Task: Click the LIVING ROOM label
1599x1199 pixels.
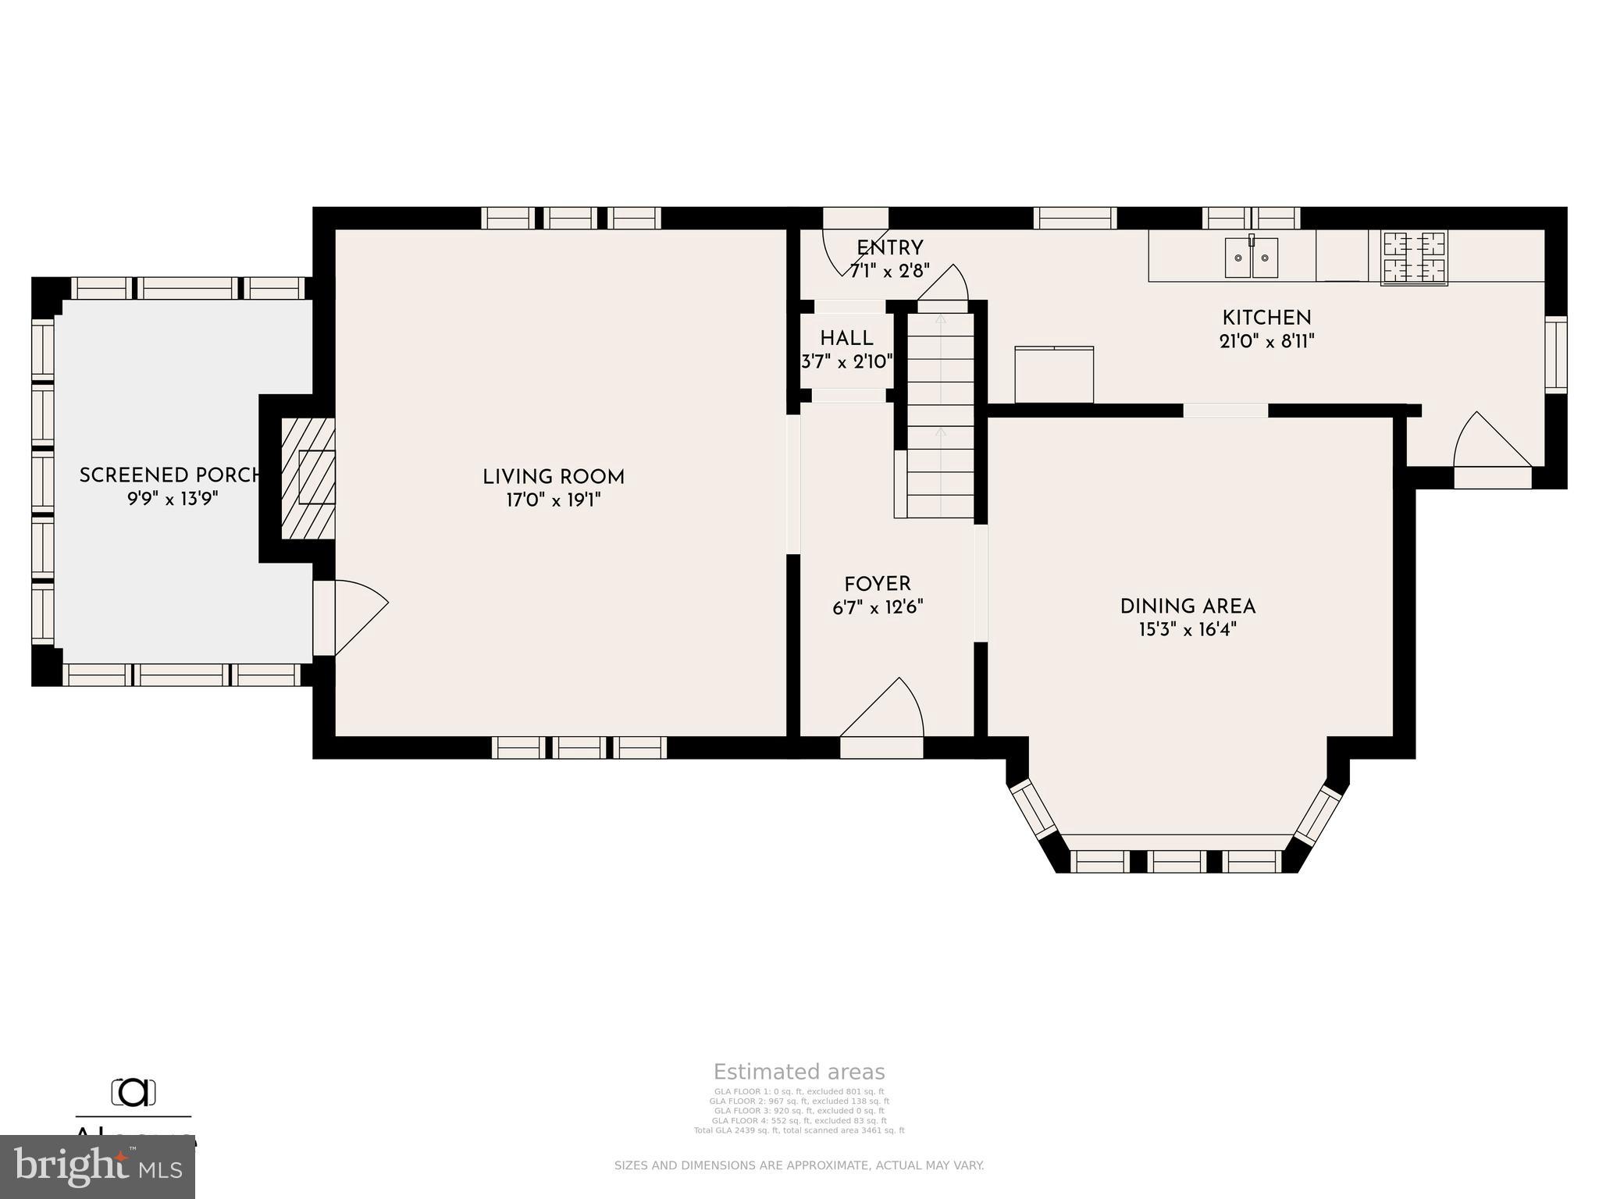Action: coord(553,477)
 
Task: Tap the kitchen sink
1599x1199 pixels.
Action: coord(1251,258)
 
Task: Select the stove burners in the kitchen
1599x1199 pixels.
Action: coord(1414,258)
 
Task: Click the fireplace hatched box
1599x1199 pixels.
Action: coord(308,478)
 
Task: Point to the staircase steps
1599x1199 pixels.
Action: coord(940,414)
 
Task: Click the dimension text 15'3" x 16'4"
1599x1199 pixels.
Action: coord(1188,630)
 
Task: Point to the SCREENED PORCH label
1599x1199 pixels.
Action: coord(170,475)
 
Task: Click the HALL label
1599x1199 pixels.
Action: coord(846,339)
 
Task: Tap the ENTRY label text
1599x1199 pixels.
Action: coord(889,248)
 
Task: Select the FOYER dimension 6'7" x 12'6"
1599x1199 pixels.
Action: coord(878,607)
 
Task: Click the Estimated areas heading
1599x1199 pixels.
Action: coord(799,1072)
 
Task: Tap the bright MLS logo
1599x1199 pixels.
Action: coord(98,1167)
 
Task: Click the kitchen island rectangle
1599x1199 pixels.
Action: coord(1054,375)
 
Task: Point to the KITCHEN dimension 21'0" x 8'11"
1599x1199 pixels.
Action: coord(1266,341)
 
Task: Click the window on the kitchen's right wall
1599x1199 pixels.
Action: coord(1556,354)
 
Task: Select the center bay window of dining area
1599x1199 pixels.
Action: coord(1177,862)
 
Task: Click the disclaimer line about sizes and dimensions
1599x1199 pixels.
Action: coord(799,1165)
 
